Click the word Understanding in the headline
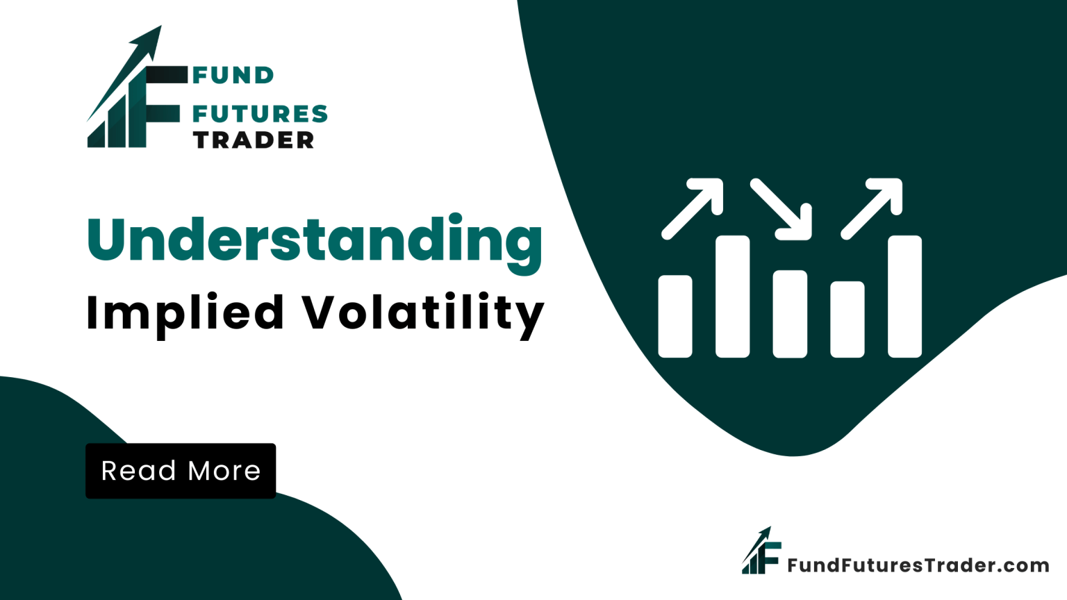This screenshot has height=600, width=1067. pos(315,243)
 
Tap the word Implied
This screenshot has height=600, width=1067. pos(185,315)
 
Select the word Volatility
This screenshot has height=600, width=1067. pos(424,315)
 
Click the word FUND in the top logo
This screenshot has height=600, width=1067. pos(233,75)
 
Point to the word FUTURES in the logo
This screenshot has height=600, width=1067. pos(260,114)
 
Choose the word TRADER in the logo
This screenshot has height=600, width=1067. pos(254,140)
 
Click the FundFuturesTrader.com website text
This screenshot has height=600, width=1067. pos(918,565)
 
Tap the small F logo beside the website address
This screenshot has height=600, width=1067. pos(761,551)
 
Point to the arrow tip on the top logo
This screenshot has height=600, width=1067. pos(161,26)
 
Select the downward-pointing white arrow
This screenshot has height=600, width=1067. pos(781,210)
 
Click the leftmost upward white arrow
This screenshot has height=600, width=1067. pos(693,209)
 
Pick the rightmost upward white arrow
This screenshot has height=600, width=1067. pos(872,209)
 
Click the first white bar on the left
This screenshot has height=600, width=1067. pos(675,316)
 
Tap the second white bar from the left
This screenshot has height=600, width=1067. pos(733,297)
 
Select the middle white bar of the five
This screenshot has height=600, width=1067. pos(790,314)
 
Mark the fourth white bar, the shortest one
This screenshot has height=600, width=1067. pos(847,319)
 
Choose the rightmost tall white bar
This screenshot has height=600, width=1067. pos(904,297)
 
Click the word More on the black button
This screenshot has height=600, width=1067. pos(224,471)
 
